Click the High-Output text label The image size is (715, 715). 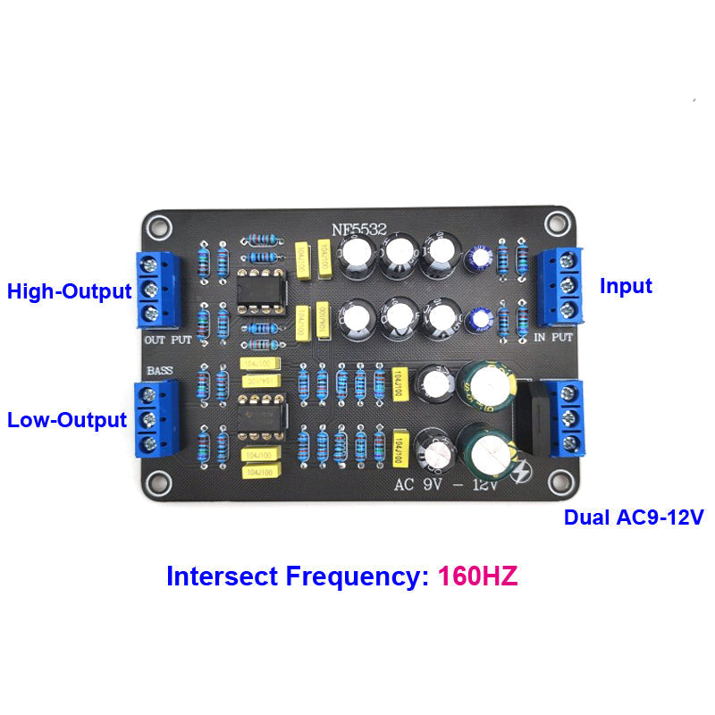[x=70, y=291]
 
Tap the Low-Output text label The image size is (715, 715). [x=67, y=419]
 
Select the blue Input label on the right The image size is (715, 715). [x=626, y=286]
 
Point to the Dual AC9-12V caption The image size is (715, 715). [x=633, y=517]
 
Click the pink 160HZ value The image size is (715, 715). [x=477, y=576]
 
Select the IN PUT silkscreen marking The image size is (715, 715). [x=554, y=338]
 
